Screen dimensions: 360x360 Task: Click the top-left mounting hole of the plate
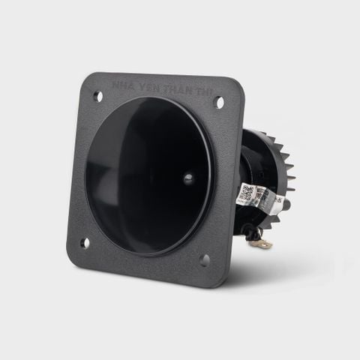(x=97, y=96)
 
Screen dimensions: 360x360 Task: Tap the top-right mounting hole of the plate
(x=220, y=102)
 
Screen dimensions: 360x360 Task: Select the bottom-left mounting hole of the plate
(x=85, y=242)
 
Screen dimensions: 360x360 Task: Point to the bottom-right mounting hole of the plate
(x=203, y=259)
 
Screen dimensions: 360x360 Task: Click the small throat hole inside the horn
(x=187, y=178)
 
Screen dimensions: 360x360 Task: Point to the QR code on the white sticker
(x=245, y=193)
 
